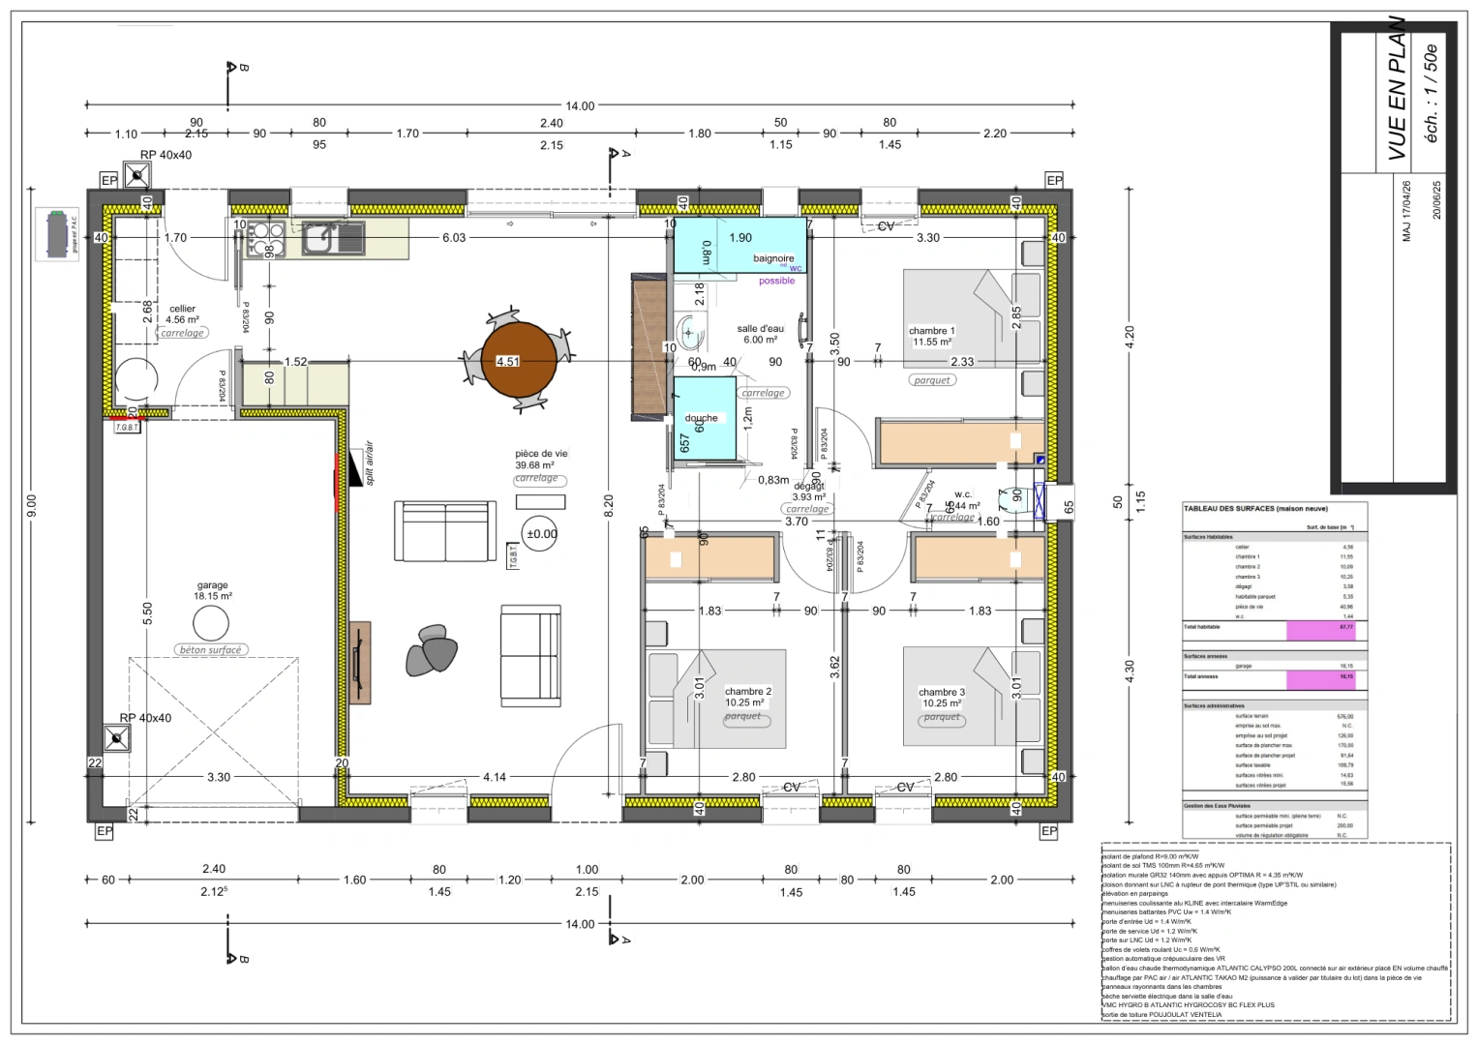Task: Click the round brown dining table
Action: click(x=519, y=361)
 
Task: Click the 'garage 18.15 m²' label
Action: click(x=212, y=590)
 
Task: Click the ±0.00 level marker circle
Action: click(x=541, y=534)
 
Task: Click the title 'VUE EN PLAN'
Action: click(x=1397, y=89)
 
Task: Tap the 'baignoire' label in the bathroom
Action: click(x=773, y=258)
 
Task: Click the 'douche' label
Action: click(x=701, y=418)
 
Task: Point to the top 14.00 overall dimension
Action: click(x=580, y=105)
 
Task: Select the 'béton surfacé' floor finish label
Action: click(x=210, y=650)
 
